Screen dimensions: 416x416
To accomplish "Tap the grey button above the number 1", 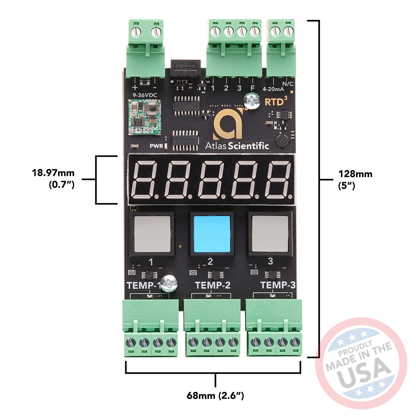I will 152,233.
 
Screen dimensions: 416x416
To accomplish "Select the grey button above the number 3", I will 270,233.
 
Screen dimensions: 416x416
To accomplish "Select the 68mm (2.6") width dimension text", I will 215,396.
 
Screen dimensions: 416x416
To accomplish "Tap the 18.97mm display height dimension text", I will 53,172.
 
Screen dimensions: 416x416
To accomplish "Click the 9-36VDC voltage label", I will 144,95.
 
